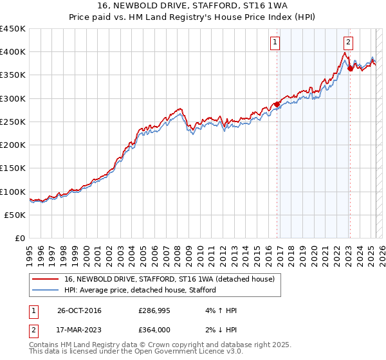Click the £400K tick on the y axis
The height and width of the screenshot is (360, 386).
pos(13,52)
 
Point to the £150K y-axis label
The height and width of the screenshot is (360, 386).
pos(13,168)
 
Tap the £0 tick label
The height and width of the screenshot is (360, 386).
pos(21,239)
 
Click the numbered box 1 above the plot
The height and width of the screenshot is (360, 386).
pos(275,42)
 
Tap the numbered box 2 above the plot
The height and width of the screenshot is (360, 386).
pos(348,42)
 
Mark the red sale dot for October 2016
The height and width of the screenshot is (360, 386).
pos(277,104)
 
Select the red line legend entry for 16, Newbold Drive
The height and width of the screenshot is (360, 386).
pos(169,279)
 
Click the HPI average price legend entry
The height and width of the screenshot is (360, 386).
pos(140,290)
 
